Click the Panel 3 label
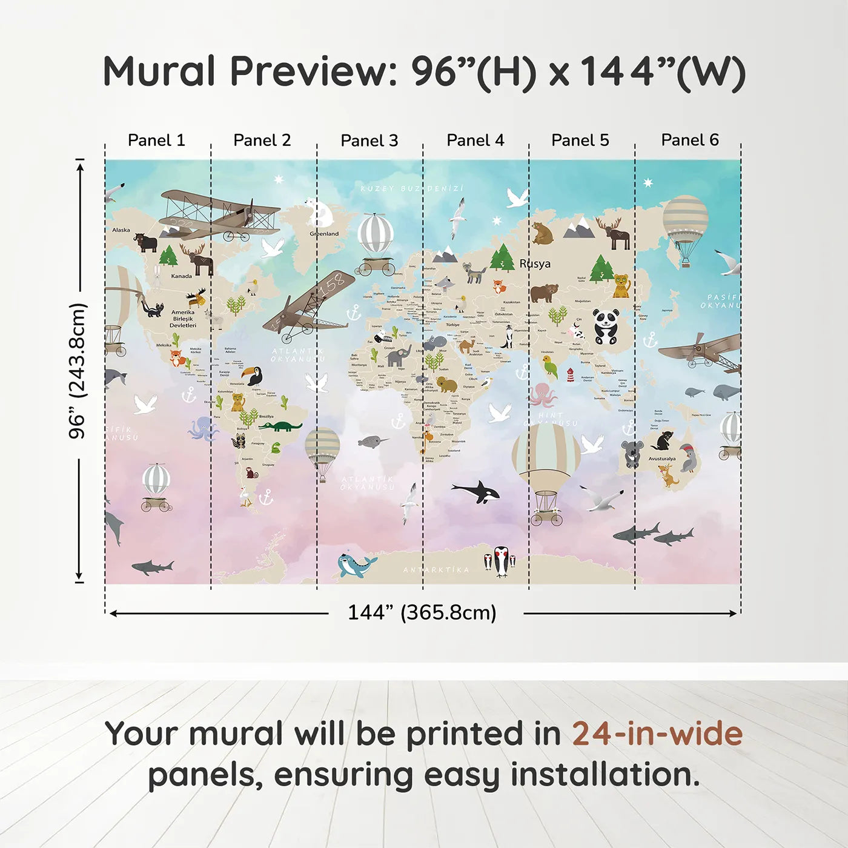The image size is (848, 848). pyautogui.click(x=369, y=141)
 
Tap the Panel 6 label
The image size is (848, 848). pyautogui.click(x=689, y=140)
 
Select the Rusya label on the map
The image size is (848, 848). pyautogui.click(x=535, y=263)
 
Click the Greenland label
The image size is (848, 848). pyautogui.click(x=324, y=234)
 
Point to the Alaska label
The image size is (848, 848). pyautogui.click(x=121, y=230)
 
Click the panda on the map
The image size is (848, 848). pyautogui.click(x=606, y=326)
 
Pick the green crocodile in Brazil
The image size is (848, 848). pyautogui.click(x=280, y=426)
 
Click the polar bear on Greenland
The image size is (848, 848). pyautogui.click(x=320, y=213)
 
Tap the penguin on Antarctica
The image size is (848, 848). pyautogui.click(x=501, y=561)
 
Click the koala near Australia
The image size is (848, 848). pyautogui.click(x=632, y=453)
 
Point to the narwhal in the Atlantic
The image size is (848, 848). pyautogui.click(x=372, y=442)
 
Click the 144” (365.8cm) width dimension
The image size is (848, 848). pyautogui.click(x=422, y=612)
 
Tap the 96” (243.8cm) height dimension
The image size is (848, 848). pyautogui.click(x=78, y=371)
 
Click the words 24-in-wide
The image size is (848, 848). pyautogui.click(x=657, y=734)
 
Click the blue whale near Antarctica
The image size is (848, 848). pyautogui.click(x=355, y=565)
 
